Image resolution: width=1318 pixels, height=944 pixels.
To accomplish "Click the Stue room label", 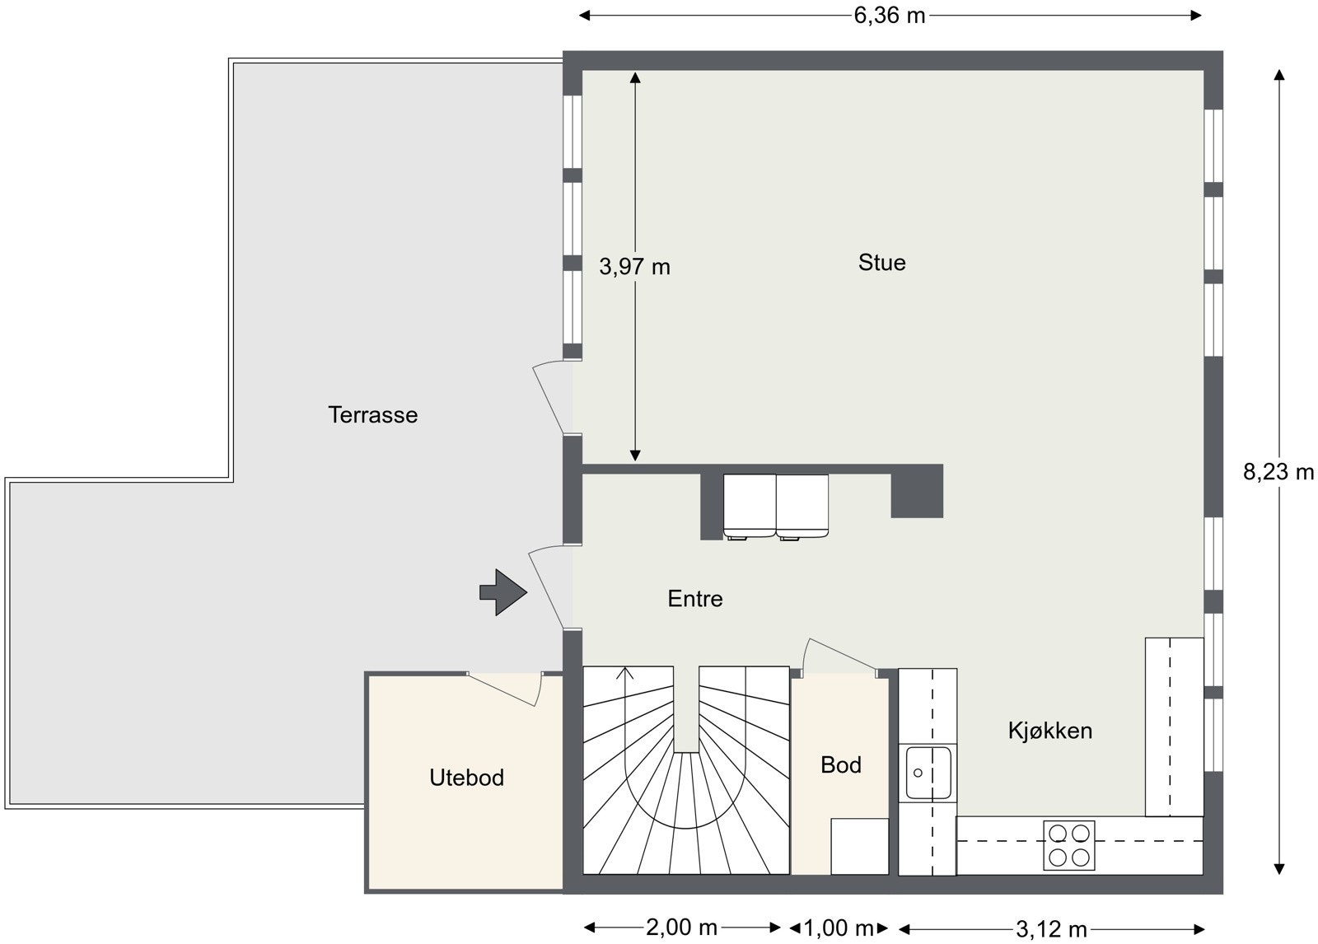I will click(x=881, y=263).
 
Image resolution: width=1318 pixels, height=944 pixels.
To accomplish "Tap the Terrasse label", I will click(x=372, y=414).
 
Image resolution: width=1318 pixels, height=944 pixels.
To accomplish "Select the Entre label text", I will click(x=694, y=599).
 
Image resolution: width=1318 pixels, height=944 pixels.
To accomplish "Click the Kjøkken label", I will click(x=1049, y=731).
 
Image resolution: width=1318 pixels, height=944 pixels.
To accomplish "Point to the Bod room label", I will click(x=840, y=765).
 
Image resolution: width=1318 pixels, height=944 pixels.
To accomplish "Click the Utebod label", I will click(x=466, y=778).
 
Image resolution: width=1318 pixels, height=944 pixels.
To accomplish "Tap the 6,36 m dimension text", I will click(x=889, y=16).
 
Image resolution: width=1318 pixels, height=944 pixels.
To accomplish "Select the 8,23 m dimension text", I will click(x=1278, y=473).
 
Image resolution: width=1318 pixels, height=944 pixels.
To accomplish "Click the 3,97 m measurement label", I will click(x=634, y=267).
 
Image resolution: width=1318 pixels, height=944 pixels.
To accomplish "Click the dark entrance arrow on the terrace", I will click(x=502, y=591).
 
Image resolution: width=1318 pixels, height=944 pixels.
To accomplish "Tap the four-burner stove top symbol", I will click(x=1068, y=845).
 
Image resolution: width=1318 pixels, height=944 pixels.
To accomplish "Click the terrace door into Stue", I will click(x=552, y=397).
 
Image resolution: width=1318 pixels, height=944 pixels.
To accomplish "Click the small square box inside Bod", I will click(x=859, y=846).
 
